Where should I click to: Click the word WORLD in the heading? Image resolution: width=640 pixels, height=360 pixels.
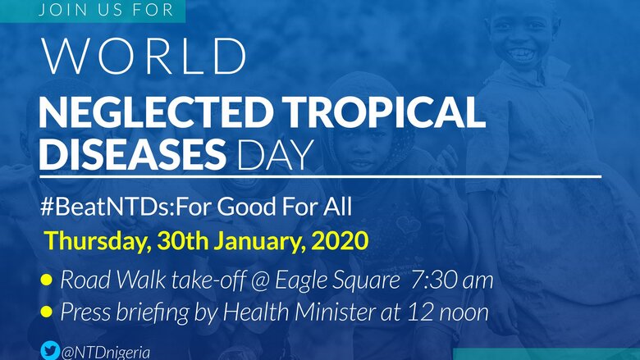coord(144,57)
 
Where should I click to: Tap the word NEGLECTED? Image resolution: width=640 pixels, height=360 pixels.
coord(157,113)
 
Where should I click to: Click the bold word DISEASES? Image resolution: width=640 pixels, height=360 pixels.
coord(133,154)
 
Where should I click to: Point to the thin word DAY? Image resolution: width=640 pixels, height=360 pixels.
coord(275,155)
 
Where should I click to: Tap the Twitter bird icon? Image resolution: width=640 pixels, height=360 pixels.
coord(50,351)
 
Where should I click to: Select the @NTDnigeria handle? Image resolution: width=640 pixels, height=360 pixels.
coord(106,353)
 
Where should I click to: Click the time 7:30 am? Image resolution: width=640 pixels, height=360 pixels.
coord(452,280)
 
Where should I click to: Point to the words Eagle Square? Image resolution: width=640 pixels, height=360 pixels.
coord(337,281)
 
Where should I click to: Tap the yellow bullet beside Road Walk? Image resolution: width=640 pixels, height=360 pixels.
coord(47,280)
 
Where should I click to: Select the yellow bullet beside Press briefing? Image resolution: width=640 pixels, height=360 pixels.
coord(47,312)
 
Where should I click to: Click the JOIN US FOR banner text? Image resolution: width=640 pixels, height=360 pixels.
coord(106,10)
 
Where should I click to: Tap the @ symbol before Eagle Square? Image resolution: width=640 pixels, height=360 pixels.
coord(259,281)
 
